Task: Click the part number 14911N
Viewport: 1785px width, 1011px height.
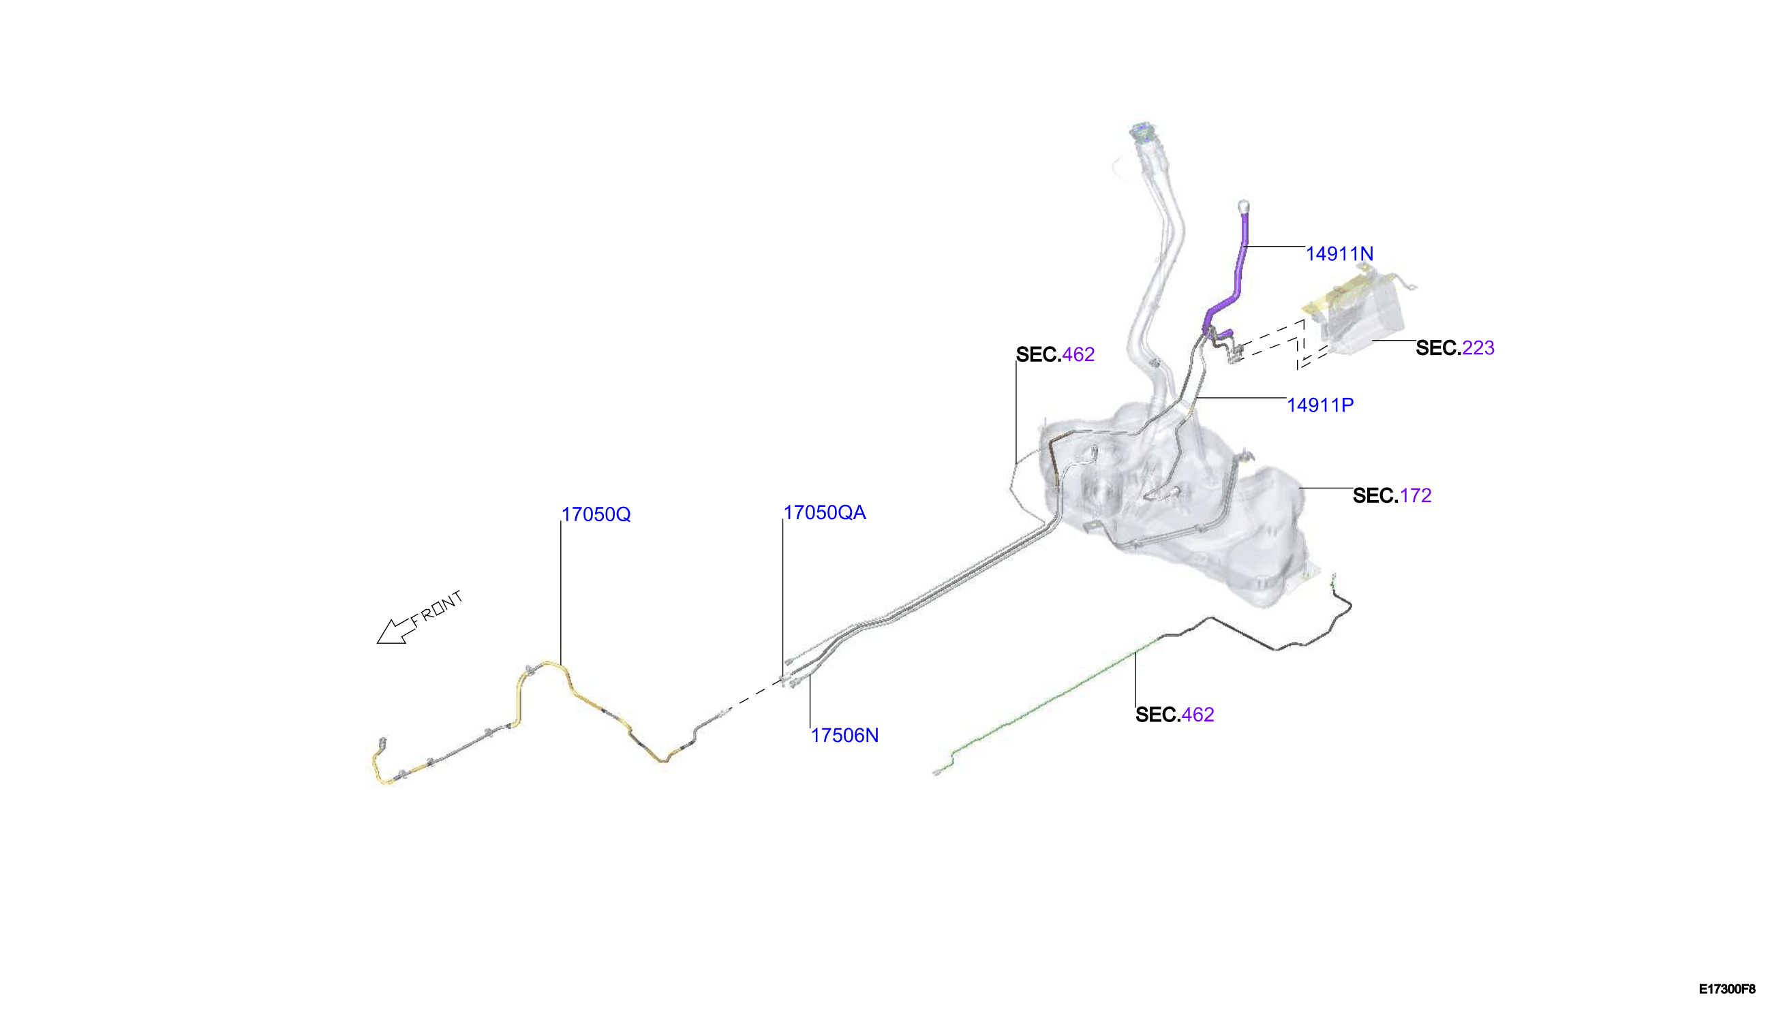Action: pyautogui.click(x=1339, y=254)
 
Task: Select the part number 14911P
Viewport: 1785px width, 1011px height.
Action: pyautogui.click(x=1319, y=405)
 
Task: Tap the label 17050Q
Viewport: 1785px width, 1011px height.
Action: pyautogui.click(x=596, y=514)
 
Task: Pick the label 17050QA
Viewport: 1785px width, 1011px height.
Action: pyautogui.click(x=825, y=512)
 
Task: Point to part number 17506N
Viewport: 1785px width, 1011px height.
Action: pyautogui.click(x=844, y=735)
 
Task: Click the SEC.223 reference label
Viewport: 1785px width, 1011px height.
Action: pyautogui.click(x=1455, y=348)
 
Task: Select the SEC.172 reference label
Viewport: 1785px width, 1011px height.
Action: pyautogui.click(x=1392, y=496)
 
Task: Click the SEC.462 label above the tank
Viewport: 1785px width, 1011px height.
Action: pyautogui.click(x=1055, y=355)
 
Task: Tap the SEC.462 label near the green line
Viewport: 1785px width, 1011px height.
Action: pyautogui.click(x=1174, y=715)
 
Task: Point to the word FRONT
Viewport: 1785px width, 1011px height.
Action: pyautogui.click(x=436, y=608)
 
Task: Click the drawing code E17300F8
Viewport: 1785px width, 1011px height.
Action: pyautogui.click(x=1726, y=989)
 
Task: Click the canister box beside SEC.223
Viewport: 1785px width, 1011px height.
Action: pyautogui.click(x=1358, y=313)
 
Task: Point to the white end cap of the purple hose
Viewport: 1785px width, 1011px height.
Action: pyautogui.click(x=1244, y=206)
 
